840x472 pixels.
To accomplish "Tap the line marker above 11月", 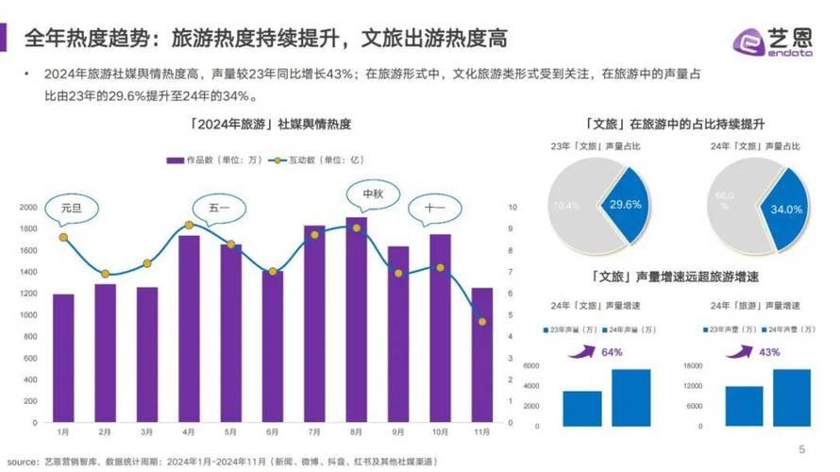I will [x=482, y=322].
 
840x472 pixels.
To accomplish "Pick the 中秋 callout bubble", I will [x=373, y=195].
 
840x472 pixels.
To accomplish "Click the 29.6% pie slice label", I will [x=626, y=204].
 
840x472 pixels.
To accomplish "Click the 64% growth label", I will [x=612, y=352].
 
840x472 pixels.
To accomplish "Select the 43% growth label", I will [x=769, y=352].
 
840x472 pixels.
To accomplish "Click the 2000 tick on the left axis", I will [x=29, y=207].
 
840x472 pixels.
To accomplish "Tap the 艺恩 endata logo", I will [x=772, y=41].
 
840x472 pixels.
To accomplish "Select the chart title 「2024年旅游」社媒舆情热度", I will [x=261, y=124].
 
